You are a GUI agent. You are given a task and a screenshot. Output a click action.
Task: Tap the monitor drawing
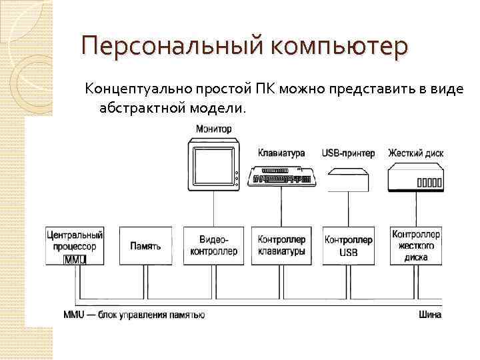[214, 166]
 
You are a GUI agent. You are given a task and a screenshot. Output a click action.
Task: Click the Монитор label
[214, 129]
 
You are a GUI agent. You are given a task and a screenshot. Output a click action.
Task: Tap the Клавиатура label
[281, 153]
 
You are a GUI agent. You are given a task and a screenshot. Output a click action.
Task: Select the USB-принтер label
[348, 153]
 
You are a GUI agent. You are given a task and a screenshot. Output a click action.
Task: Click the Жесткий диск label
[416, 153]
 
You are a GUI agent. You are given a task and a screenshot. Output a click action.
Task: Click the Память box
[145, 246]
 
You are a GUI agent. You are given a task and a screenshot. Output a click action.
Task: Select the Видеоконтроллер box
[214, 246]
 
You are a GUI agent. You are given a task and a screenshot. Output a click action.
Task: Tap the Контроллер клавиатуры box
[281, 246]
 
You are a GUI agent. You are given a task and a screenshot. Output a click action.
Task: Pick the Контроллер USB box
[349, 246]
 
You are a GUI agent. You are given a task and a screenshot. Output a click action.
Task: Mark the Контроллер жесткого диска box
[415, 246]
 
